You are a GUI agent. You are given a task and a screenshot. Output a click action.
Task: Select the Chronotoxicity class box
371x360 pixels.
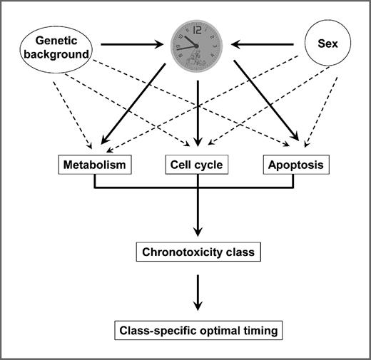[x=197, y=251]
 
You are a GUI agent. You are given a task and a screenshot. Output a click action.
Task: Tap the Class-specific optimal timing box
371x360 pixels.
[x=197, y=330]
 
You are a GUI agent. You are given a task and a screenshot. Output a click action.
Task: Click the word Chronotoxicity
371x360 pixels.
[x=183, y=251]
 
